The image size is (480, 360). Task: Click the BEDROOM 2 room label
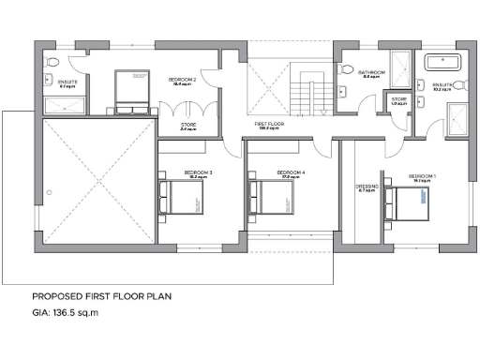182,81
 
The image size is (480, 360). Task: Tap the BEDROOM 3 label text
198,172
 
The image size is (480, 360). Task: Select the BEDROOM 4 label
292,172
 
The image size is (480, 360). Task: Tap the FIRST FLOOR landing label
270,124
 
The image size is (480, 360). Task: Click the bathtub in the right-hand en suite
440,63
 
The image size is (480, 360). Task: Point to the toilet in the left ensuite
54,63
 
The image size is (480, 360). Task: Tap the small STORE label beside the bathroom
399,98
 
